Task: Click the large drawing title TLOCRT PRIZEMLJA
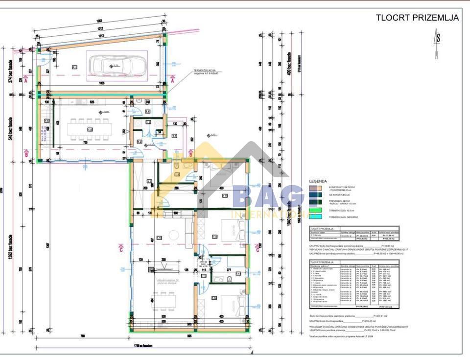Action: pos(417,18)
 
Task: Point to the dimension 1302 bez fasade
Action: pos(11,264)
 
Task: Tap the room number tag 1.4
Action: pos(90,129)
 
